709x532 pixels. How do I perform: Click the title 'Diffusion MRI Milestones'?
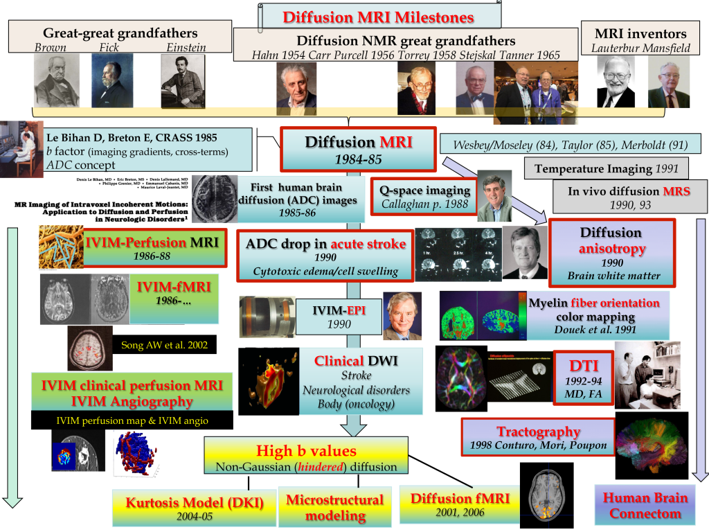click(x=377, y=17)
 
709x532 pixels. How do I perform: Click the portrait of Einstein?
click(x=182, y=80)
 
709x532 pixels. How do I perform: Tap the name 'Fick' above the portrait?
click(x=109, y=48)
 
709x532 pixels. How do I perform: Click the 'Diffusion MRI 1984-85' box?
click(x=358, y=148)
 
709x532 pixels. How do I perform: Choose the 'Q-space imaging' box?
click(x=422, y=197)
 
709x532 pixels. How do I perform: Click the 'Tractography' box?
click(x=537, y=437)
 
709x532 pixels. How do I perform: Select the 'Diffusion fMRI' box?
click(x=451, y=504)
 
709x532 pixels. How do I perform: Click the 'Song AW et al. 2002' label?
click(x=163, y=344)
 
